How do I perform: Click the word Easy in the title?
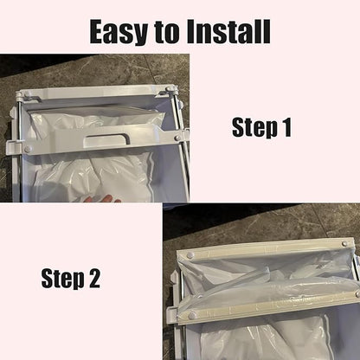coord(119,32)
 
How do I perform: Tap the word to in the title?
coord(167,31)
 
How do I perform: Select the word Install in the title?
coord(228,31)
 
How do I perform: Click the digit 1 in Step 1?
coord(286,127)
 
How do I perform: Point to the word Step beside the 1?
coord(254,128)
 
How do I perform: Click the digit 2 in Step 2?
coord(94,278)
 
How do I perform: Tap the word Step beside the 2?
coord(62,279)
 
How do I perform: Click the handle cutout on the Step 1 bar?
coord(106,138)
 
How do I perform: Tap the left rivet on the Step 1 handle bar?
coord(28,149)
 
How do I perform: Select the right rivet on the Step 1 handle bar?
coord(177,138)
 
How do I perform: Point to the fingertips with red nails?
coord(101,199)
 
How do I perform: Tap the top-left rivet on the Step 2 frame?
coord(190,255)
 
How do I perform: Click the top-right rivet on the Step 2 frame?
coord(344,243)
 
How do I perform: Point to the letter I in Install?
coord(191,31)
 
